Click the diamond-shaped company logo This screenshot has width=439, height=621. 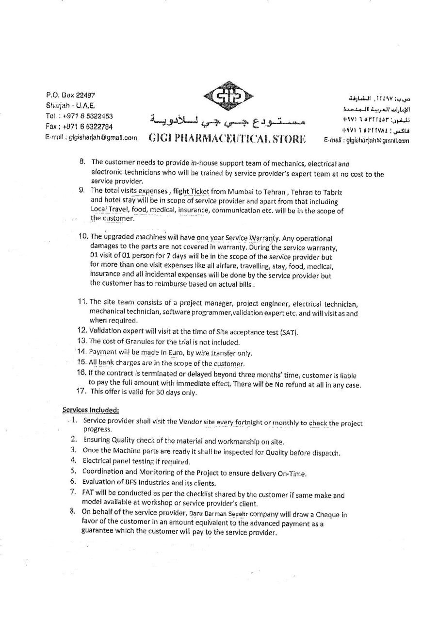[227, 98]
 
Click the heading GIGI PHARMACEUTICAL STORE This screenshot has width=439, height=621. [227, 138]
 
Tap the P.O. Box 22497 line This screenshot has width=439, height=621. [71, 96]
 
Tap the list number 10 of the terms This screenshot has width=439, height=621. [83, 236]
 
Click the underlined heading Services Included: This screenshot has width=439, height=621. [91, 410]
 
